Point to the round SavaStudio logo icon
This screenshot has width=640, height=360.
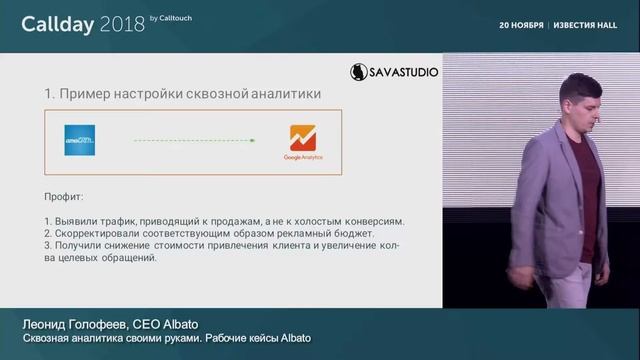coord(359,72)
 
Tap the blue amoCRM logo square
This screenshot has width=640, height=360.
coord(80,140)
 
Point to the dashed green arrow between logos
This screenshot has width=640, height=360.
coord(190,141)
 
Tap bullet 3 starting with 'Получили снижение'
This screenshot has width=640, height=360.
coord(220,246)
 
